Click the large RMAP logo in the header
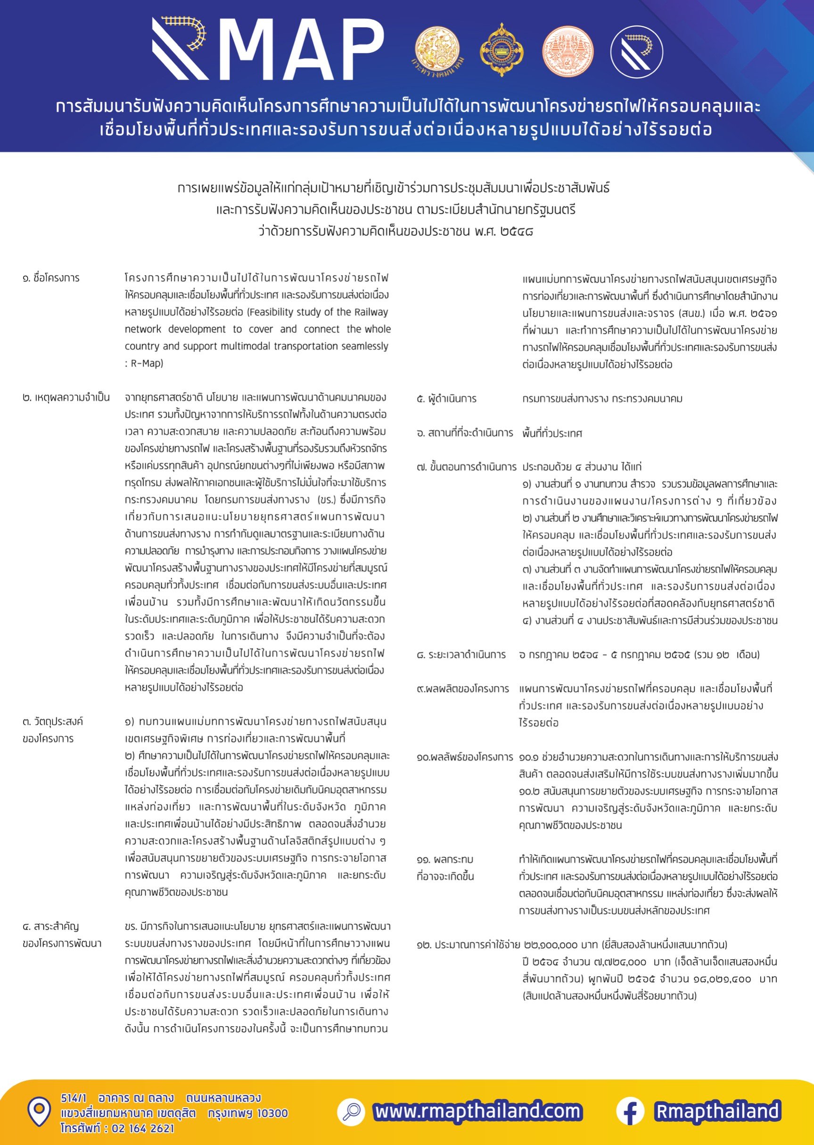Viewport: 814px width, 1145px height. tap(268, 49)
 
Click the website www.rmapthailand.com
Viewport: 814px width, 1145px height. tap(477, 1111)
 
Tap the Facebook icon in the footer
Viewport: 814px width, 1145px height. tap(630, 1111)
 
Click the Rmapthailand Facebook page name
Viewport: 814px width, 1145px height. tap(717, 1111)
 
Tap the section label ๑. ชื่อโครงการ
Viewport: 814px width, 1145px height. tap(51, 278)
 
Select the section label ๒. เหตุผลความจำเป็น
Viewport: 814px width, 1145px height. tap(66, 398)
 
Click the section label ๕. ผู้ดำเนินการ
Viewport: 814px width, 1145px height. tap(447, 399)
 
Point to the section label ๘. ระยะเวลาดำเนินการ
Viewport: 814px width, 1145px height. tap(461, 655)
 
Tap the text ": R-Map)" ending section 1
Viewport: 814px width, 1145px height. tap(144, 363)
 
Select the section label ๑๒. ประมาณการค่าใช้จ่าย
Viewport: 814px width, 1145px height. tap(468, 945)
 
